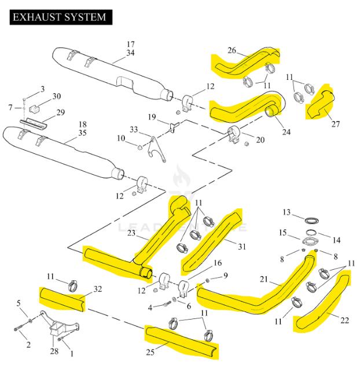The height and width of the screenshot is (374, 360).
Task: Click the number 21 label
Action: [x=263, y=280]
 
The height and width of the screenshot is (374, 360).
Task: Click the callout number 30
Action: [x=56, y=96]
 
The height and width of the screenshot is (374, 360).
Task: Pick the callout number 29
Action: [x=60, y=112]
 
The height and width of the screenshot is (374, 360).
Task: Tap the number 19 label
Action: [x=152, y=118]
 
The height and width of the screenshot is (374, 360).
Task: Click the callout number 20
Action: [x=260, y=140]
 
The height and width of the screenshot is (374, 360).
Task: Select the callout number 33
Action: [x=134, y=130]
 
